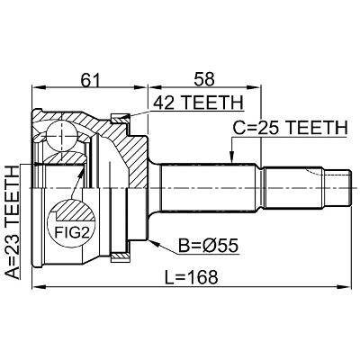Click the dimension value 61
pos(90,79)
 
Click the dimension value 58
pos(204,79)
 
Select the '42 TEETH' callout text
pos(198,103)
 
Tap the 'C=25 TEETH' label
pos(290,128)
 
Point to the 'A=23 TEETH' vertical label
pos(13,222)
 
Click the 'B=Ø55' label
pos(208,246)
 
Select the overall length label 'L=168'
pos(191,277)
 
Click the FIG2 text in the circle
pos(72,232)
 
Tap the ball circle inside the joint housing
pos(61,136)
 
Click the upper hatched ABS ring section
pos(121,119)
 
